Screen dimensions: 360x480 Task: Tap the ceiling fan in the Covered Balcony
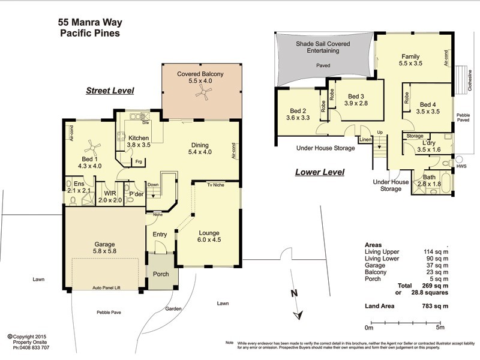click(205, 92)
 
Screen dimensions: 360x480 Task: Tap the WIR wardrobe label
click(110, 193)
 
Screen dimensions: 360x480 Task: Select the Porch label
click(160, 274)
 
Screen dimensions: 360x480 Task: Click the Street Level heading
click(109, 91)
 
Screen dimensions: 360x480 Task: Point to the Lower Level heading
click(319, 172)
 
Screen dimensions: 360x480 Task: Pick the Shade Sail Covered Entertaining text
click(319, 47)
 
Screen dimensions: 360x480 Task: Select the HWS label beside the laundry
click(461, 166)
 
